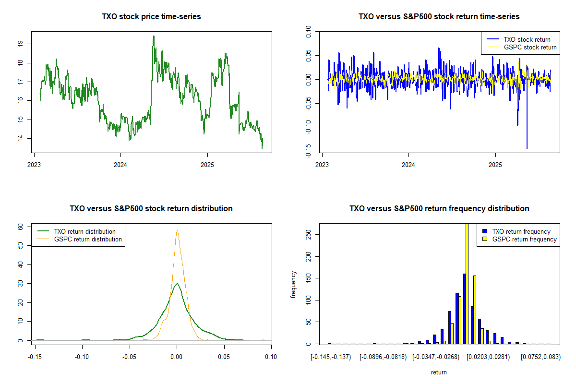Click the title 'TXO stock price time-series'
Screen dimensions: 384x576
tap(151, 16)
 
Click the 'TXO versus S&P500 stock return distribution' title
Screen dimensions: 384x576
tap(151, 208)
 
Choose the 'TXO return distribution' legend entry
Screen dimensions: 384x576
tap(84, 231)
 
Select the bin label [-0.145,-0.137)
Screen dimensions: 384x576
tap(331, 357)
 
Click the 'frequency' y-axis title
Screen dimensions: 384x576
tap(293, 285)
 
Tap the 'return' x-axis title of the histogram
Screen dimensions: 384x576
tap(439, 372)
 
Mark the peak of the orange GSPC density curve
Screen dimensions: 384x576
tap(177, 230)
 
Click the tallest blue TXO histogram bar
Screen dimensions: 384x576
tap(465, 309)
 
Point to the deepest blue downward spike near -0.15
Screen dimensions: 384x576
tap(527, 148)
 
